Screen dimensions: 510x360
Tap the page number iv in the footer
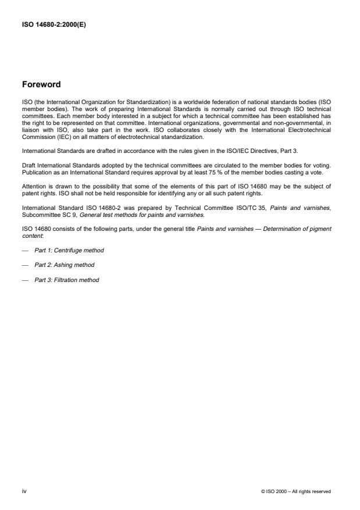point(24,491)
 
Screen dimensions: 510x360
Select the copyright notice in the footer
point(296,491)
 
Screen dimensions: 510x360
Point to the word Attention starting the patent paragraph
point(33,186)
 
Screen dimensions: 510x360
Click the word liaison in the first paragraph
point(30,131)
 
